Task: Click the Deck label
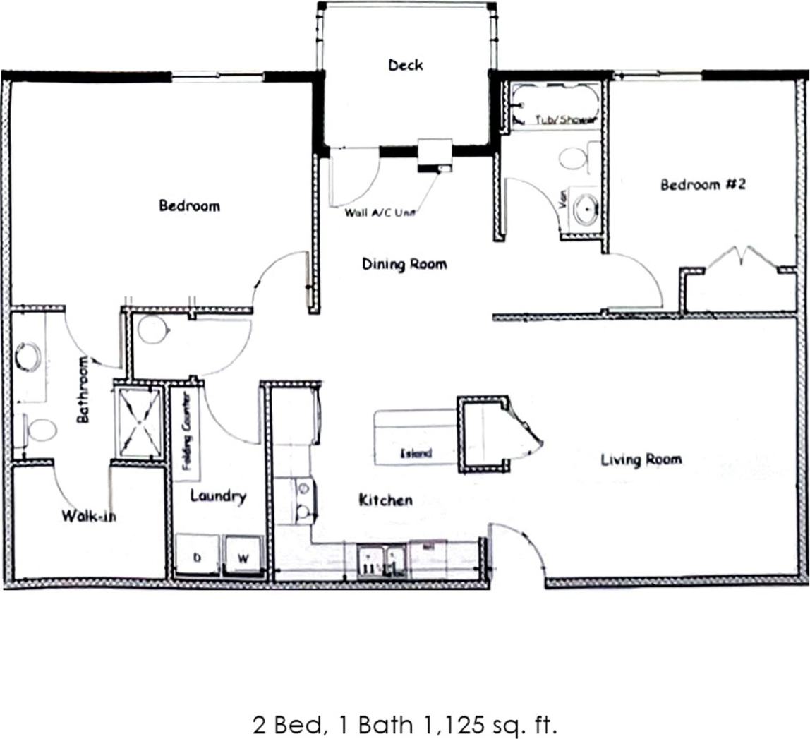point(406,66)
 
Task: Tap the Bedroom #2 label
point(703,185)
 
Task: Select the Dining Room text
point(404,265)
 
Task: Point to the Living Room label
point(641,460)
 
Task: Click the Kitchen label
point(385,500)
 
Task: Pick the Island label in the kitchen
point(416,453)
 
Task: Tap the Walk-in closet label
point(89,516)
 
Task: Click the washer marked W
point(243,558)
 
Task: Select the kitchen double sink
point(382,561)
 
